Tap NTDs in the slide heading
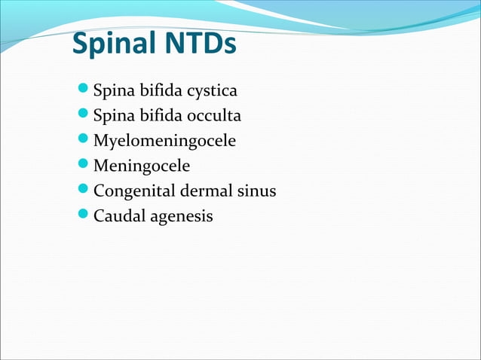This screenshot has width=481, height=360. coord(198,45)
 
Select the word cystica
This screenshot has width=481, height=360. coord(211,92)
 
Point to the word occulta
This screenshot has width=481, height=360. coord(213,116)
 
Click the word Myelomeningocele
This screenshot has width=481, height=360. coord(164,141)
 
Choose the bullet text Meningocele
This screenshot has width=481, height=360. coord(141,166)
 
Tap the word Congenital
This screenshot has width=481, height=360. coord(133,191)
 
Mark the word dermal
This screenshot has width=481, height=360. coord(204,191)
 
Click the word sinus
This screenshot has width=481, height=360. coord(256,191)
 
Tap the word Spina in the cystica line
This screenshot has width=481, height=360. coord(112,92)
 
